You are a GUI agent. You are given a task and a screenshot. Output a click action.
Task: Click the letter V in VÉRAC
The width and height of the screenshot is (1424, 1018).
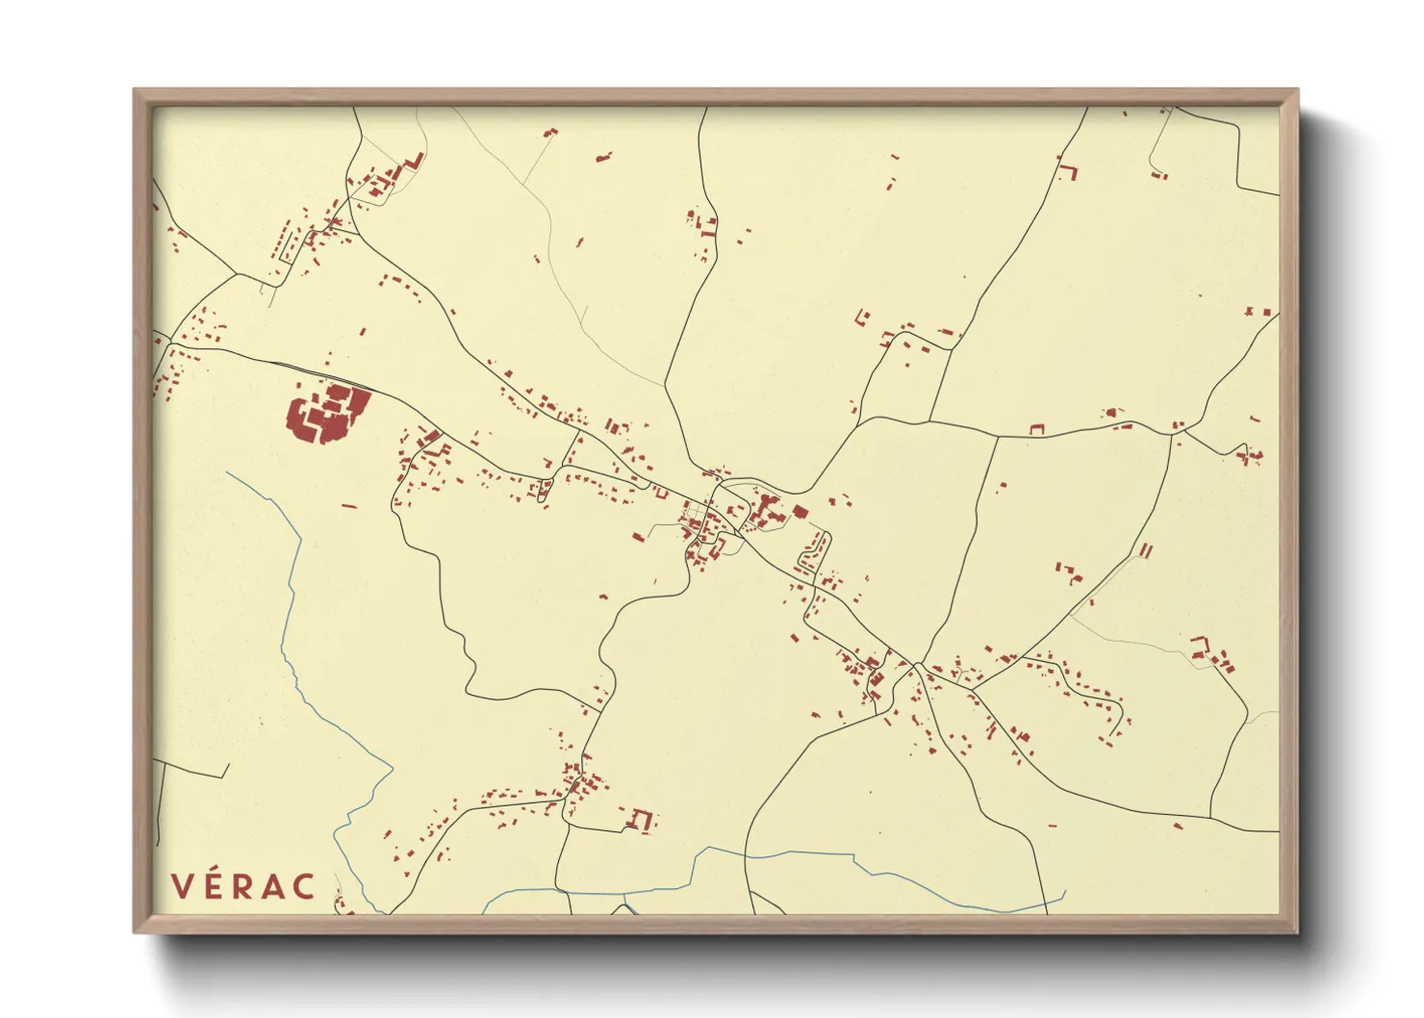coord(182,886)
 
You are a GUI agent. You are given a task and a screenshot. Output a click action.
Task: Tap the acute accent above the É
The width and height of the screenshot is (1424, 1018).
coord(216,872)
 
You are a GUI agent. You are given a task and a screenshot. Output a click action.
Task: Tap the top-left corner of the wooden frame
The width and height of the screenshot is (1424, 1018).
coord(136,91)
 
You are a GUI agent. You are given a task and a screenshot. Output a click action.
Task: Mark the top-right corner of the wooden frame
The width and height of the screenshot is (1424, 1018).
coord(1295,91)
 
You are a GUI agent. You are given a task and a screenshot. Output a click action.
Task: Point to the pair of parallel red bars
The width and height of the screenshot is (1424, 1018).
coord(1145,550)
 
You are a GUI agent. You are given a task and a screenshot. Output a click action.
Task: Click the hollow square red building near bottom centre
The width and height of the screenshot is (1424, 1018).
coord(641,820)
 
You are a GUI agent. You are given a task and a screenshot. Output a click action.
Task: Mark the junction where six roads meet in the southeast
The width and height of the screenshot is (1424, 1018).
coord(919,665)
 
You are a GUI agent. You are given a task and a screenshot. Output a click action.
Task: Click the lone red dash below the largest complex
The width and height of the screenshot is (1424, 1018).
coord(349,505)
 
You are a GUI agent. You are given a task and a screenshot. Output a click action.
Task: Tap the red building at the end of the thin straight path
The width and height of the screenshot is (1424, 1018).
coord(550,133)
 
